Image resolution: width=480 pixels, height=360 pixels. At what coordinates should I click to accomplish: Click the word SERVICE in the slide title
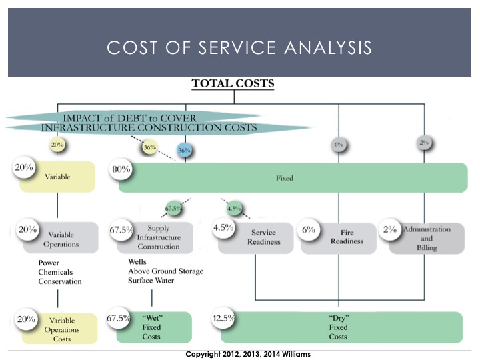click(227, 47)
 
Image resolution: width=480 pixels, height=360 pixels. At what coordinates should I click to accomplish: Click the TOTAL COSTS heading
click(233, 84)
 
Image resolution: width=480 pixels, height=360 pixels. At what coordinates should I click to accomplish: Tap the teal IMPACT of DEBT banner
click(157, 121)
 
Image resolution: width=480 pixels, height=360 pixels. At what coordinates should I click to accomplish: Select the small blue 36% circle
click(184, 151)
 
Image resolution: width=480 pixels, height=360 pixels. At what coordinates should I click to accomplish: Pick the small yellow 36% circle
click(149, 147)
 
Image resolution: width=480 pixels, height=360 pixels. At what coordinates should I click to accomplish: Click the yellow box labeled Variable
click(57, 177)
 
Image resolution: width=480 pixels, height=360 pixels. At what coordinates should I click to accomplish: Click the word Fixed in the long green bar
click(285, 179)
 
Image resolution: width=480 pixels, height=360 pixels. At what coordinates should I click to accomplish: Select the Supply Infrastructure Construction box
click(159, 237)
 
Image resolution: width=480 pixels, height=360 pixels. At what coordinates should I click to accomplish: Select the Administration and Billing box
click(427, 237)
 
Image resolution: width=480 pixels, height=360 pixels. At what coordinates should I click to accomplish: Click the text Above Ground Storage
click(166, 271)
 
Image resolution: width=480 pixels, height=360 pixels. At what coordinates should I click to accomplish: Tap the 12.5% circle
click(223, 318)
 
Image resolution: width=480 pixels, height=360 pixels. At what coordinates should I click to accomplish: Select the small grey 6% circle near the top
click(339, 144)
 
